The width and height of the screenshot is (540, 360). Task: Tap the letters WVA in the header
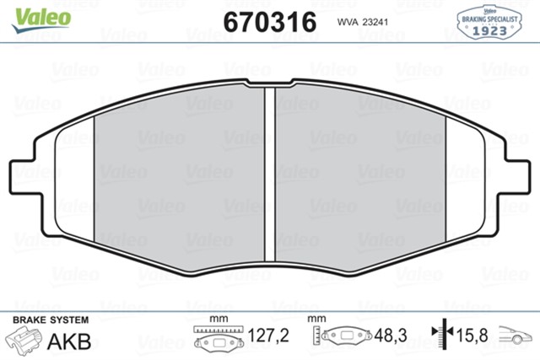(348, 24)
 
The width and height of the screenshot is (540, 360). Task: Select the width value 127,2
(271, 336)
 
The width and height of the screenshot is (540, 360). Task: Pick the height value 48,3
(391, 336)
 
